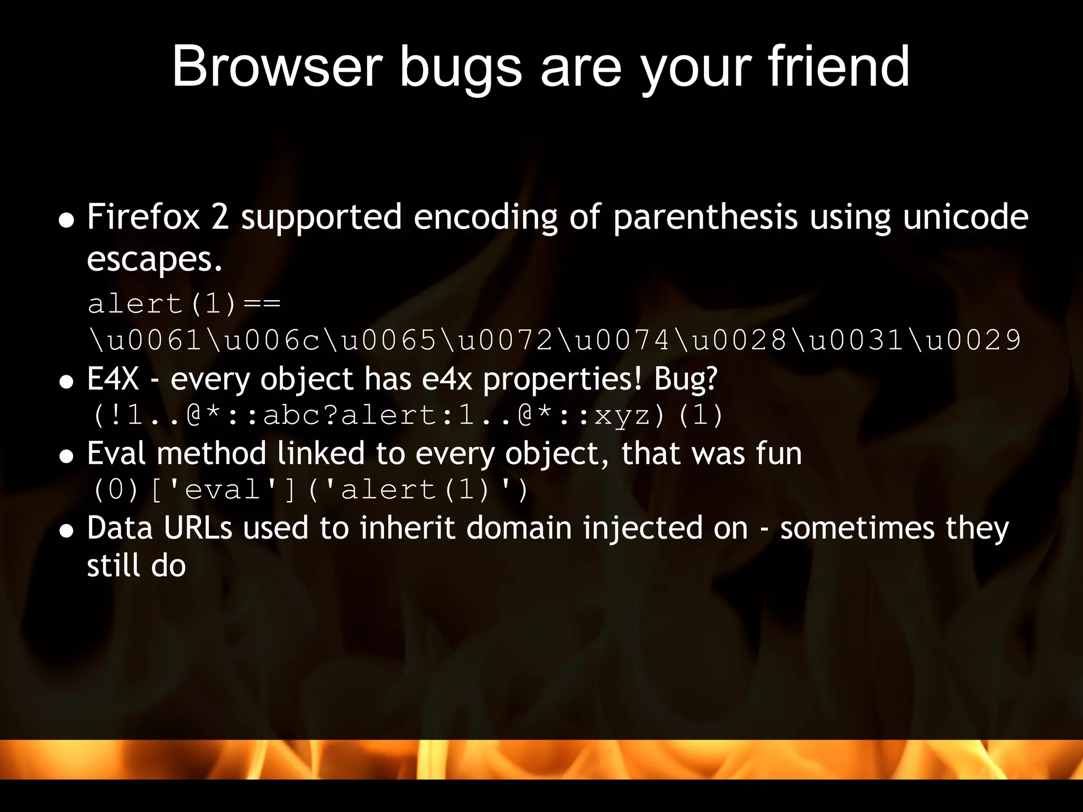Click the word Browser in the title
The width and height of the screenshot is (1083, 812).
277,67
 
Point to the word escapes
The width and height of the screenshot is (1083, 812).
154,260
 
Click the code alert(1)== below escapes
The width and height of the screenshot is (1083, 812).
184,304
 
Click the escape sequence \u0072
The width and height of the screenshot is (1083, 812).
498,340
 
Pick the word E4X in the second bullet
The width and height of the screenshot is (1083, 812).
113,379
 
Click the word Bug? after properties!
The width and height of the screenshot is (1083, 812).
685,379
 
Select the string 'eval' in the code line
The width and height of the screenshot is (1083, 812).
223,490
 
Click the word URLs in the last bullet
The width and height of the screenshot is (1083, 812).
198,528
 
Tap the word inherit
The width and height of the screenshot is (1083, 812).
407,528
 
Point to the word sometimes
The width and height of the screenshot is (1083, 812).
857,528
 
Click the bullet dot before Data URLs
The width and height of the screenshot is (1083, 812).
66,530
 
